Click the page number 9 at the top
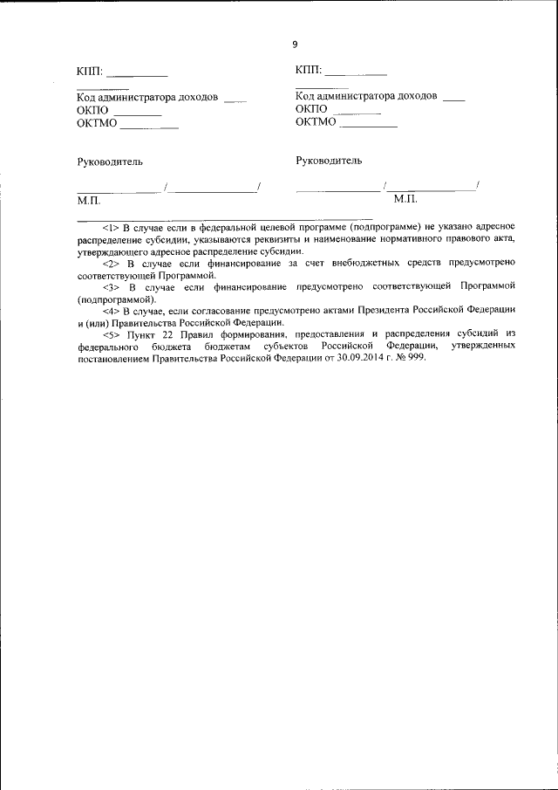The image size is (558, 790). [295, 45]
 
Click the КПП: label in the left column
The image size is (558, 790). [90, 72]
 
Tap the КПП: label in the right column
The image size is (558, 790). [309, 71]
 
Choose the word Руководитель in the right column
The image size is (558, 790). [329, 161]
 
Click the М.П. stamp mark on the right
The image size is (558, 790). [406, 200]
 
